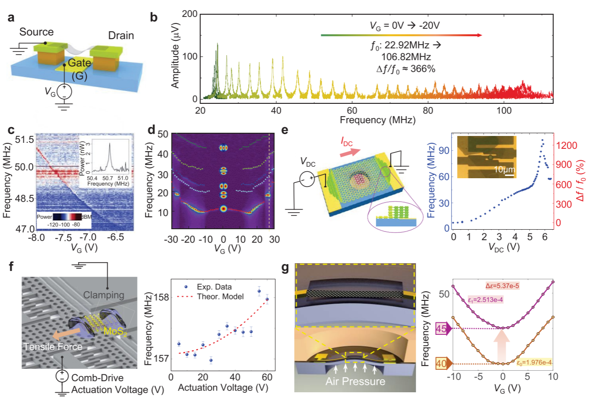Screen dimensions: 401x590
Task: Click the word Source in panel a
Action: (36, 32)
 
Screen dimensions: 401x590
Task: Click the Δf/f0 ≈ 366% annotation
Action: (403, 69)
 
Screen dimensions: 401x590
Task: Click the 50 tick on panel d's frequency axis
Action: (163, 134)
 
